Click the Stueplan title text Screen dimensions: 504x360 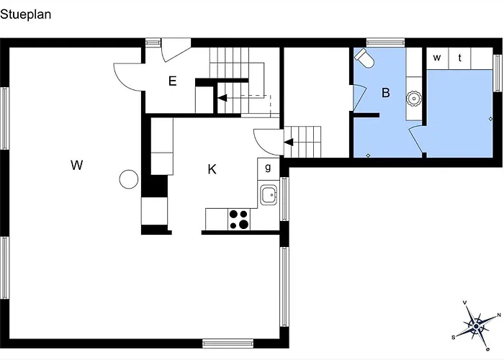pyautogui.click(x=26, y=15)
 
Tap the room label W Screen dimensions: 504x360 pyautogui.click(x=77, y=165)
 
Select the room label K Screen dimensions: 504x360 pyautogui.click(x=212, y=169)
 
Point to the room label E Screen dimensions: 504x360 pyautogui.click(x=173, y=81)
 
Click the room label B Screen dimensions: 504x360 pyautogui.click(x=386, y=93)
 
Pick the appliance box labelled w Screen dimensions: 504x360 pyautogui.click(x=437, y=58)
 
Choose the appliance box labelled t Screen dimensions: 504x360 pyautogui.click(x=459, y=58)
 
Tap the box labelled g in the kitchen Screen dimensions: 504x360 pyautogui.click(x=268, y=168)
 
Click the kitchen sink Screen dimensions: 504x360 pyautogui.click(x=269, y=195)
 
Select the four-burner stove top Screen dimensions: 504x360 pyautogui.click(x=239, y=219)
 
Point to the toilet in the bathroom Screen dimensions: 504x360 pyautogui.click(x=364, y=58)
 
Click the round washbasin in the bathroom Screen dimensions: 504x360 pyautogui.click(x=413, y=99)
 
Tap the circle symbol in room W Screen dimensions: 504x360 pyautogui.click(x=129, y=179)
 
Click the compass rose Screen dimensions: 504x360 pyautogui.click(x=477, y=326)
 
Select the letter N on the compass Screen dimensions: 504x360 pyautogui.click(x=499, y=315)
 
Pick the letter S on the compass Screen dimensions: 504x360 pyautogui.click(x=454, y=337)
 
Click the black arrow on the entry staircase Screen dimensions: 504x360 pyautogui.click(x=222, y=98)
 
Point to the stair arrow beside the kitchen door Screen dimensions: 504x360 pyautogui.click(x=288, y=142)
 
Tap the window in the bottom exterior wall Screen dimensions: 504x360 pyautogui.click(x=228, y=343)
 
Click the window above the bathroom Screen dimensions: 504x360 pyautogui.click(x=385, y=42)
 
